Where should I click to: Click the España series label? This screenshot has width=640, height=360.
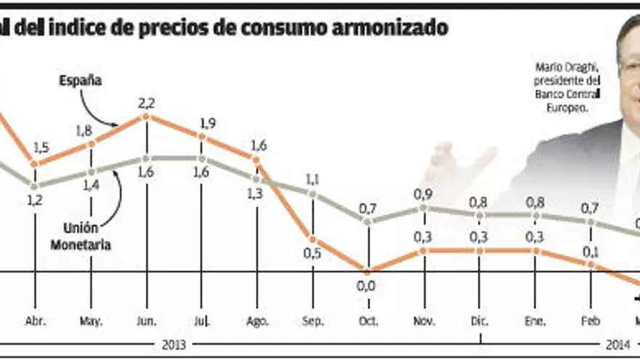(x=80, y=81)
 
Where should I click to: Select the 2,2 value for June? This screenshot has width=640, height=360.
(x=147, y=102)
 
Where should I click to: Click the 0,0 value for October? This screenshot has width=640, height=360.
(x=367, y=285)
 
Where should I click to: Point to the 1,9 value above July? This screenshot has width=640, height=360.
(x=207, y=123)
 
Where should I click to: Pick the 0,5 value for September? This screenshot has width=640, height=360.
(x=313, y=254)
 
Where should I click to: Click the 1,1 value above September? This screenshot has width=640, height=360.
(x=313, y=178)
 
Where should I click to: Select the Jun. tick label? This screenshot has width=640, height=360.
(x=147, y=320)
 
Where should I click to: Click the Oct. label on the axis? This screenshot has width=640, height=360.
(x=367, y=320)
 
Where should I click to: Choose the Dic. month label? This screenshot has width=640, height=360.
(x=480, y=320)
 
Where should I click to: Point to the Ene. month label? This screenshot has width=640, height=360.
(x=536, y=320)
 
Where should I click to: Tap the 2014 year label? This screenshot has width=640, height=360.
(x=617, y=344)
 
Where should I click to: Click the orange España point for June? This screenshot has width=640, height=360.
(x=147, y=116)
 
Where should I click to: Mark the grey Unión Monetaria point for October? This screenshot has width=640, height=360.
(x=367, y=220)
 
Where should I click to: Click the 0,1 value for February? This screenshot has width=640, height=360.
(x=590, y=252)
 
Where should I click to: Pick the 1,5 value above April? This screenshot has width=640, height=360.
(x=41, y=148)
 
